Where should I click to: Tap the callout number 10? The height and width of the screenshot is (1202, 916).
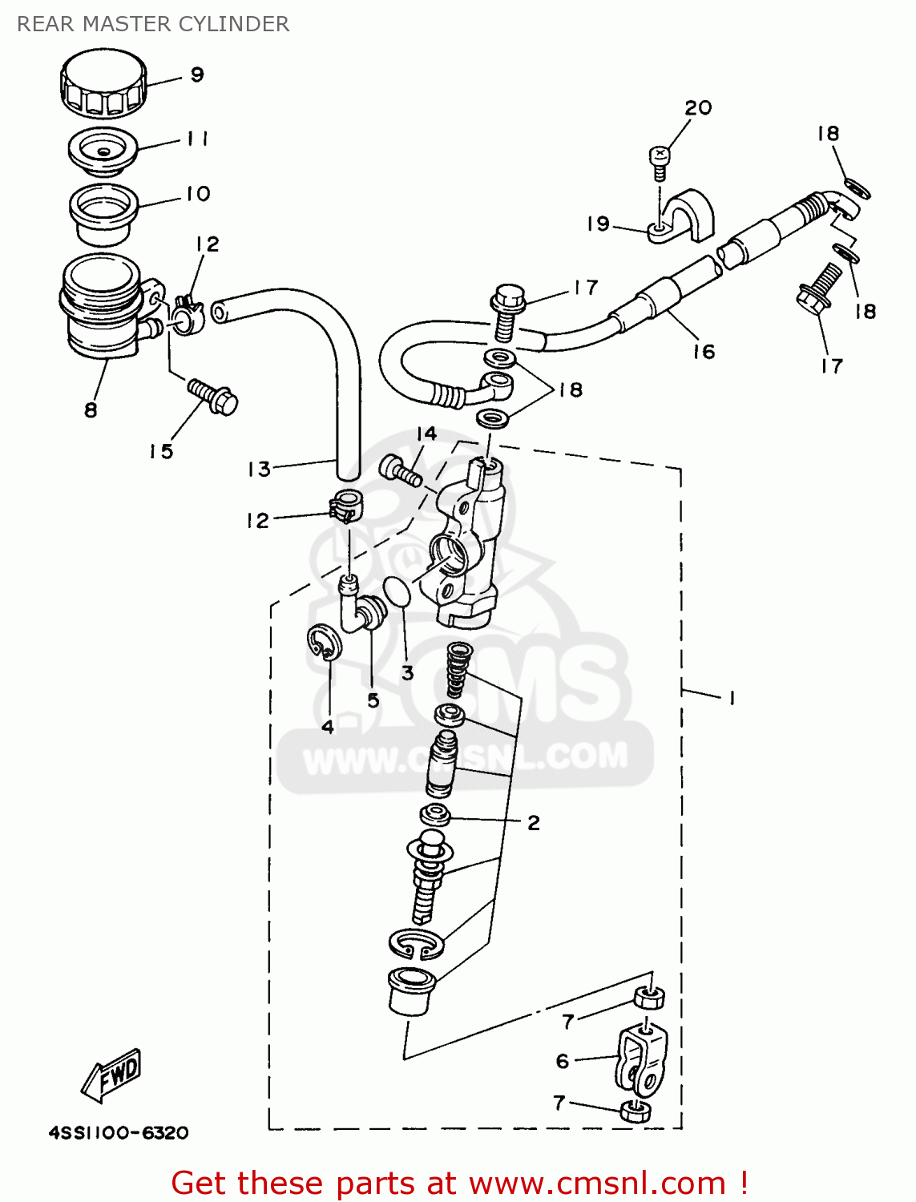[x=197, y=194]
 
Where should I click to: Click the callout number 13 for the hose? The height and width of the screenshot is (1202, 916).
[x=259, y=469]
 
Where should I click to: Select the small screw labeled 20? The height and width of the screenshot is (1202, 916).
[x=658, y=159]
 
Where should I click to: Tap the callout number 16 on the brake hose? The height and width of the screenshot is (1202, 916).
[x=704, y=351]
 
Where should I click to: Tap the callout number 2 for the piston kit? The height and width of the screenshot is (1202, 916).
[x=534, y=822]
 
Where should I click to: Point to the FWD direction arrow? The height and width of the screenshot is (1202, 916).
[x=112, y=1073]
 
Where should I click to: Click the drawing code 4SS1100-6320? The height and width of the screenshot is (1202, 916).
[x=119, y=1132]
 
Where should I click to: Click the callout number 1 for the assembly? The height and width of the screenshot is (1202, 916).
[x=732, y=698]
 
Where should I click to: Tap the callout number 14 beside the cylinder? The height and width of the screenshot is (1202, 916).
[x=426, y=434]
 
